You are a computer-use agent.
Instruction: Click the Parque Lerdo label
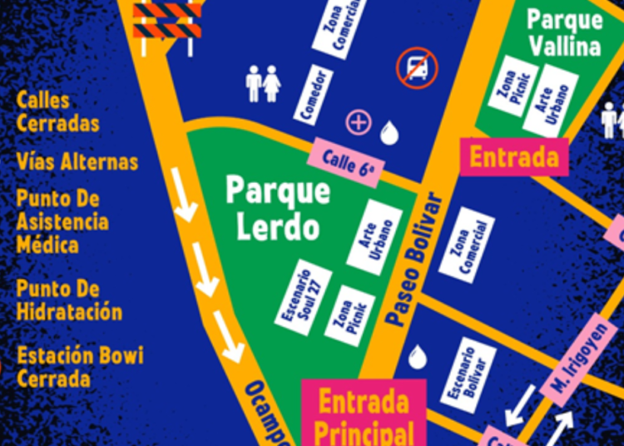278,208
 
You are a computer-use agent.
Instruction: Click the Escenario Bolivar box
469,374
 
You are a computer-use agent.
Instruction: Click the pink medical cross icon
358,123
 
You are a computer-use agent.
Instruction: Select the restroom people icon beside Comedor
263,83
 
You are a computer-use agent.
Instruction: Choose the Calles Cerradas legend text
57,112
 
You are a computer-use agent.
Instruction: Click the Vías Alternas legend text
77,161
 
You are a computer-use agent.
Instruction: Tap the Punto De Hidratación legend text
69,300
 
